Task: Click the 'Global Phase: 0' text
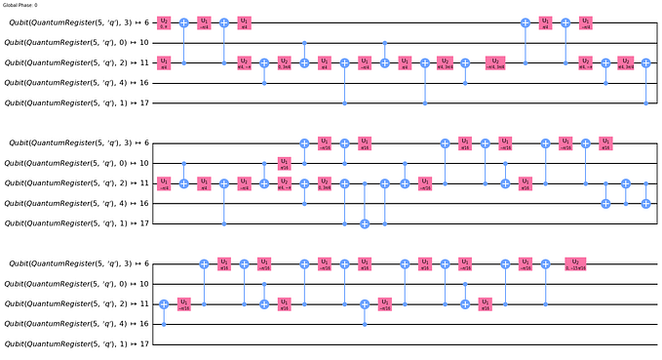19,6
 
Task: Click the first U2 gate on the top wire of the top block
165,21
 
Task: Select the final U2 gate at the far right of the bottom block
577,263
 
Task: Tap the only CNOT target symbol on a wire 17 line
365,222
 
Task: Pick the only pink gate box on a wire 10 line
285,162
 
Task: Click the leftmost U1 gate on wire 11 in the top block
165,62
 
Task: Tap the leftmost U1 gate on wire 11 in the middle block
165,182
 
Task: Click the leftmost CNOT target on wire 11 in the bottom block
165,303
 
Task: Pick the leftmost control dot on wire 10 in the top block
304,42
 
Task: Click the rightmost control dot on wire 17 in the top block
646,102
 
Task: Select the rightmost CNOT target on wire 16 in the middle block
646,203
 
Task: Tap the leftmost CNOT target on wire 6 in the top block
184,21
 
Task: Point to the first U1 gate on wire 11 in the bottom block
184,303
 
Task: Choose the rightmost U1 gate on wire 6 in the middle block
606,142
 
